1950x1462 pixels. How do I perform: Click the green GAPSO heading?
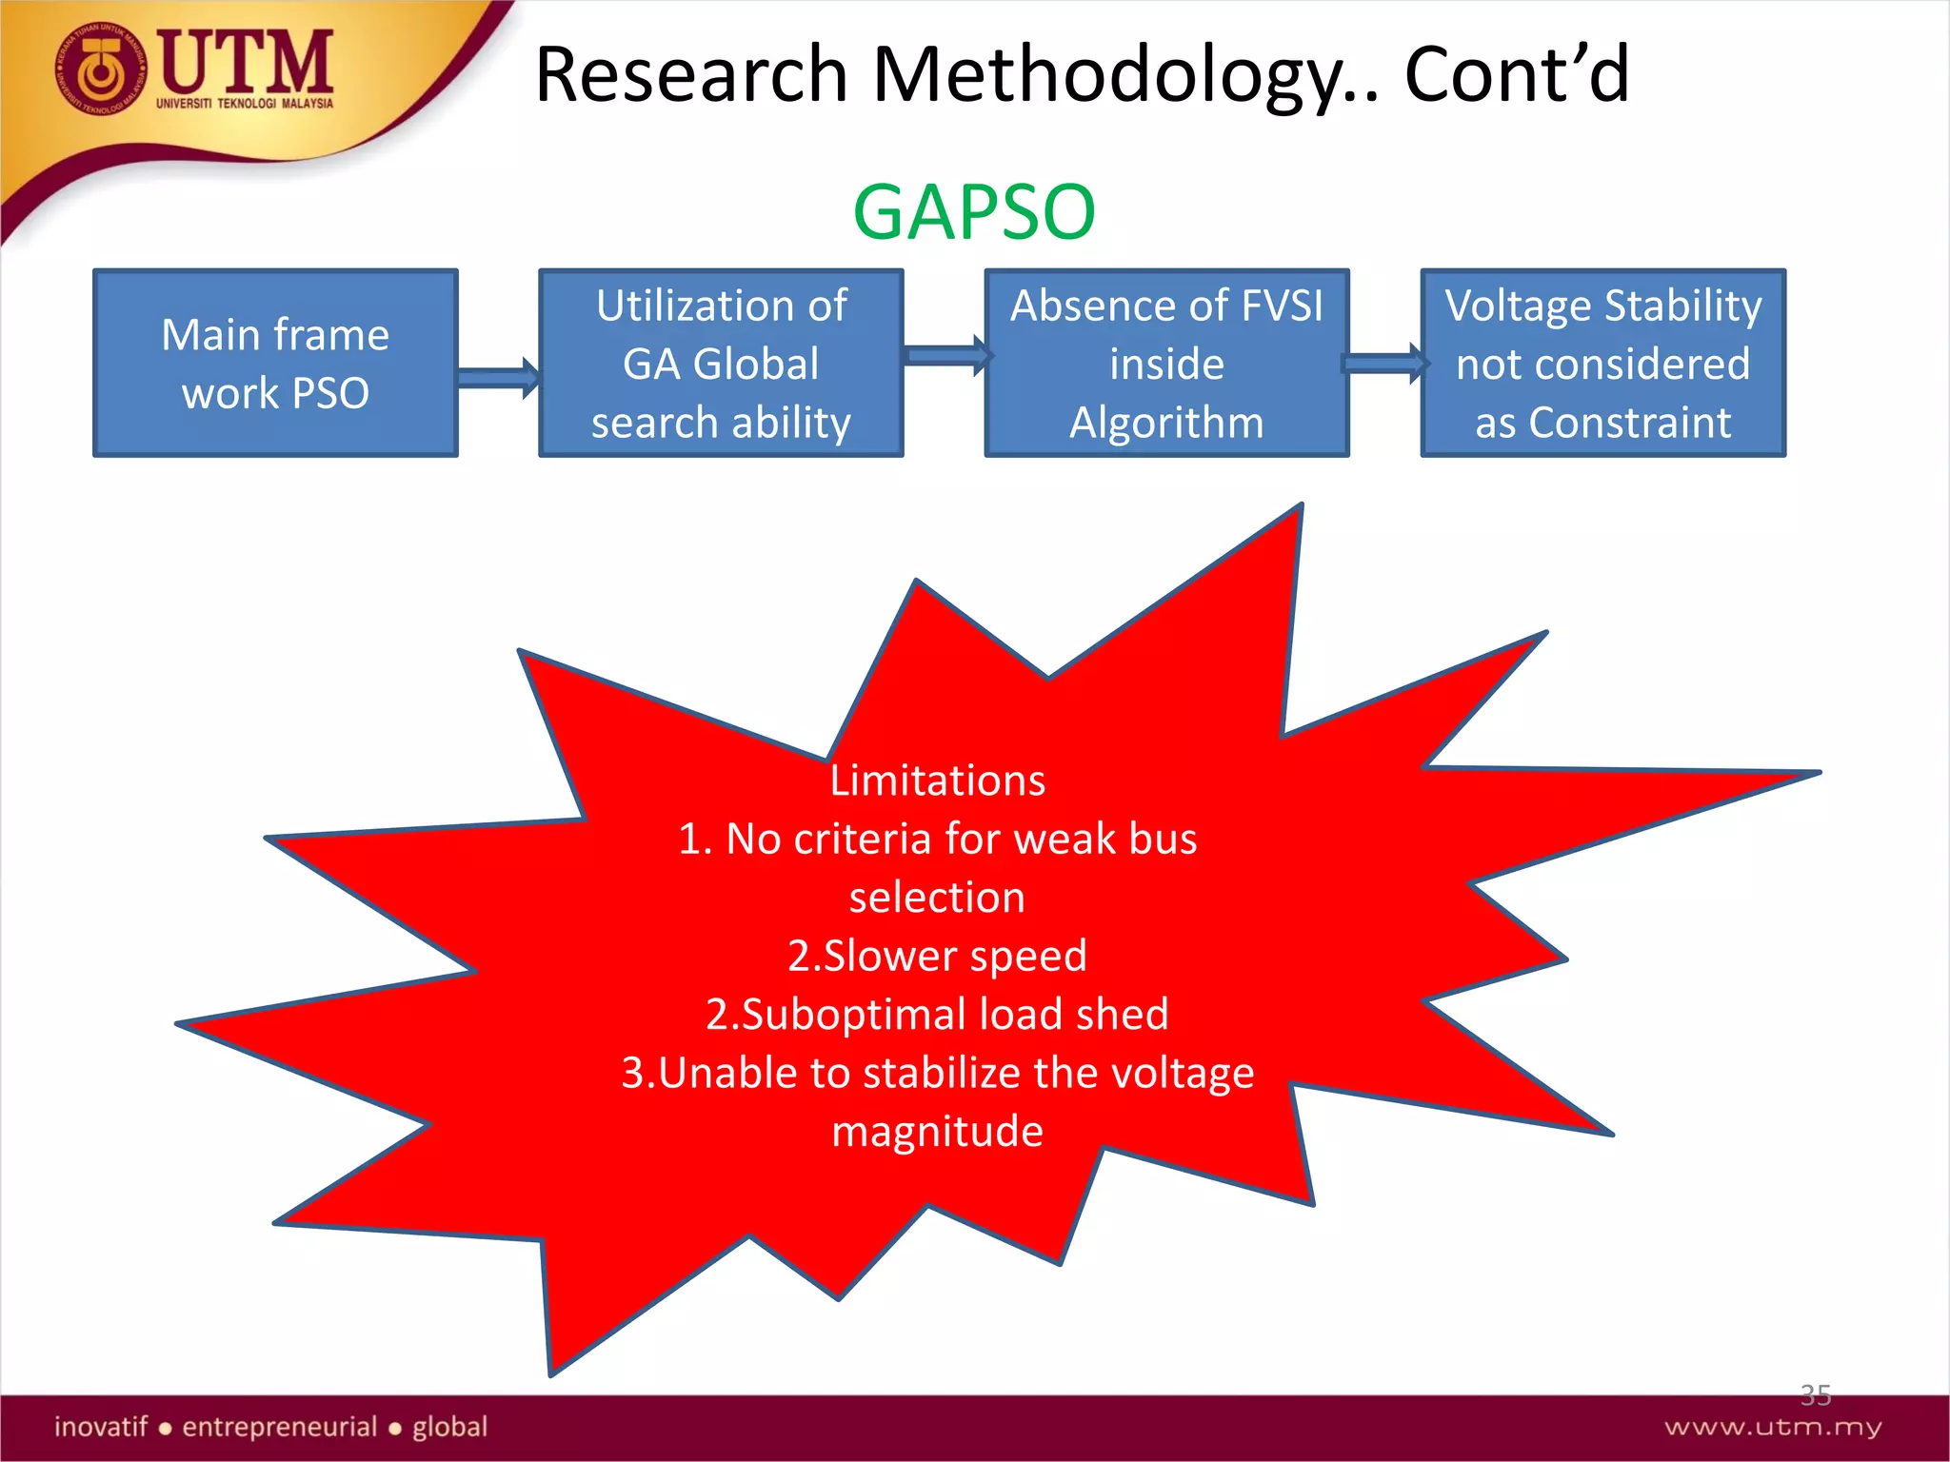click(x=973, y=211)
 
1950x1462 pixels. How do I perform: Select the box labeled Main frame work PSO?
click(x=275, y=364)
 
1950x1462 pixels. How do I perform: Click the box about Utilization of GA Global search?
click(x=721, y=364)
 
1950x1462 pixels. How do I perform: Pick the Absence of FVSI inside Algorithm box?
click(x=1166, y=364)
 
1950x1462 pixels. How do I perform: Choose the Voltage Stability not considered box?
click(x=1602, y=364)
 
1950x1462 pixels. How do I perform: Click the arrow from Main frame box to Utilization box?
click(x=498, y=378)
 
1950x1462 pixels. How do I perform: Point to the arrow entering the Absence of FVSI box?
click(x=945, y=356)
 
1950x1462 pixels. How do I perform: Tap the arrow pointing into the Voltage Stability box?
click(x=1384, y=364)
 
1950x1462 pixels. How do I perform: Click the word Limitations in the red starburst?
click(x=937, y=780)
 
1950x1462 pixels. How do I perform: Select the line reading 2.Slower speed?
click(x=937, y=956)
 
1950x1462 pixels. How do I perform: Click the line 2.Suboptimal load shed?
click(x=937, y=1015)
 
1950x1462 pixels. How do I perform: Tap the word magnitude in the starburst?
click(x=937, y=1132)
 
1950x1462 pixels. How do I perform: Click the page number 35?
click(x=1815, y=1395)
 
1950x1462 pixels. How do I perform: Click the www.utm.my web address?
click(x=1773, y=1427)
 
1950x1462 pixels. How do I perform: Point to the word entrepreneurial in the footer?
click(x=280, y=1427)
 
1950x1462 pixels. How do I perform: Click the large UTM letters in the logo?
click(x=246, y=62)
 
